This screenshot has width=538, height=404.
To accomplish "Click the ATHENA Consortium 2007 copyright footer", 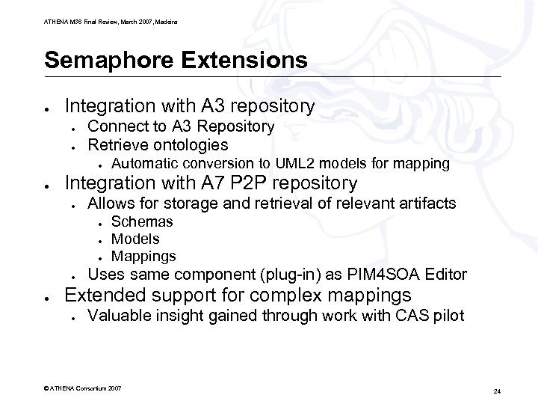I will tap(83, 389).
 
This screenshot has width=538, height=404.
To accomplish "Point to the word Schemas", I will tap(142, 221).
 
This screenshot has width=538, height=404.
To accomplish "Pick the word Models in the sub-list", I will tap(135, 239).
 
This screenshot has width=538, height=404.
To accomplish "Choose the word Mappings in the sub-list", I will tap(143, 256).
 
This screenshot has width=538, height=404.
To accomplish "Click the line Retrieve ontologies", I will tap(158, 144).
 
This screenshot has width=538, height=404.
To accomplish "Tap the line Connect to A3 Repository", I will tap(181, 126).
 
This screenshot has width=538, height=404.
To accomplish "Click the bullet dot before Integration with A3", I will tap(46, 108).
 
